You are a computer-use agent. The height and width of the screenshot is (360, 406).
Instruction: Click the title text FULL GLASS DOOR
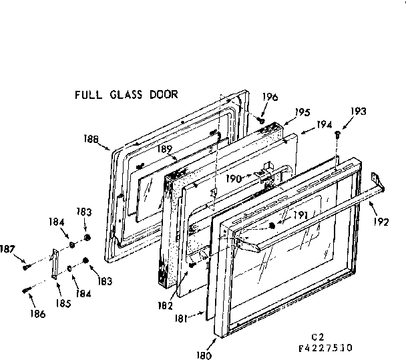126,94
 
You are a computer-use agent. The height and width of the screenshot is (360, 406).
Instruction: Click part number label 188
92,139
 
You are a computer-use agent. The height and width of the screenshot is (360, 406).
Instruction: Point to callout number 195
302,113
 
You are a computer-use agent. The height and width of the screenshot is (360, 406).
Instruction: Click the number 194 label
324,125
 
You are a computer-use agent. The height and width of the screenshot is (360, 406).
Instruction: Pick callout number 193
358,112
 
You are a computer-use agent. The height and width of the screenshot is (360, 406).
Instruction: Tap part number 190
233,179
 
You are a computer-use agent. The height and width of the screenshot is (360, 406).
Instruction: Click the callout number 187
7,250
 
